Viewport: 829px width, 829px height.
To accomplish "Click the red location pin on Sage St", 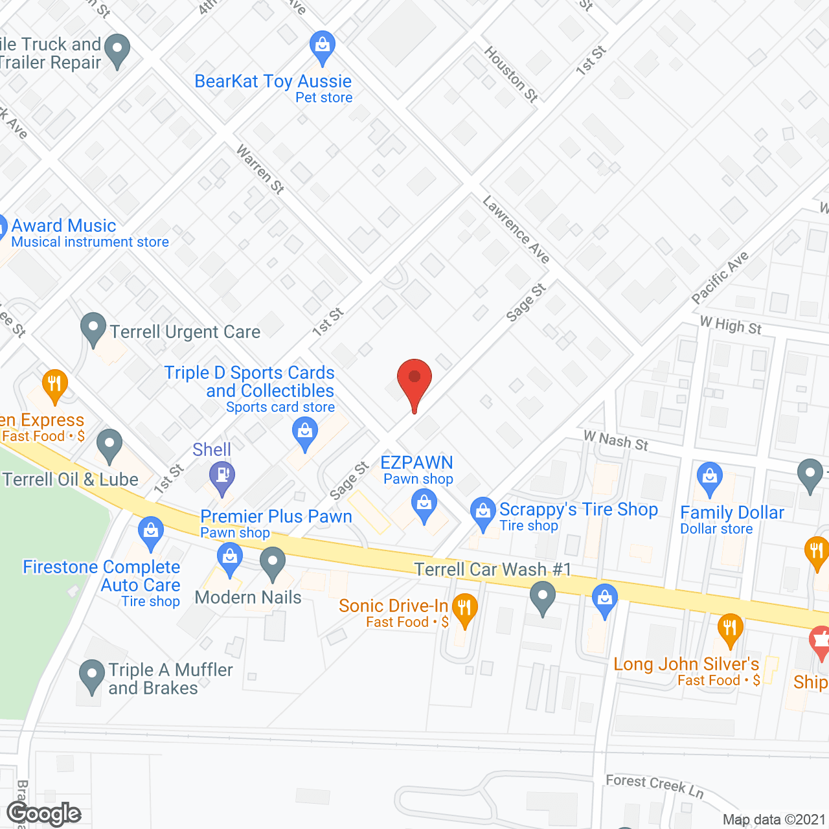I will pos(414,382).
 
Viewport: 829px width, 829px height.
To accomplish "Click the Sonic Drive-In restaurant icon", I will pos(464,609).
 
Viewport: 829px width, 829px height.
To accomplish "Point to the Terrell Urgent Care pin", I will pos(93,328).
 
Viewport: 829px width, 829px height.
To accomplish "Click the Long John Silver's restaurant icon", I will pos(731,629).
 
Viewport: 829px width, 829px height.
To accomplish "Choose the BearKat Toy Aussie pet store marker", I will pos(322,46).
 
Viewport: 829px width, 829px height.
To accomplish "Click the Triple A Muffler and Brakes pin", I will pos(92,676).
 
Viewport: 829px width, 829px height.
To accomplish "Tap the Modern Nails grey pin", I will pos(273,563).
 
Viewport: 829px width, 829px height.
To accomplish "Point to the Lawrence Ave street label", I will pos(516,230).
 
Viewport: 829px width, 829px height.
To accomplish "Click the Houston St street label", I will pos(512,74).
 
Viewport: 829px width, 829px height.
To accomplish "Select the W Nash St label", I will pos(615,441).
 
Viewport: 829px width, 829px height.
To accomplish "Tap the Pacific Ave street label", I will pos(720,277).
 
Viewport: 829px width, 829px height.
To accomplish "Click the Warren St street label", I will pos(260,170).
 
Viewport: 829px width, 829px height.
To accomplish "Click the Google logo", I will pos(44,813).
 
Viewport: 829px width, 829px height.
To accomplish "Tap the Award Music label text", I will pos(63,225).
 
